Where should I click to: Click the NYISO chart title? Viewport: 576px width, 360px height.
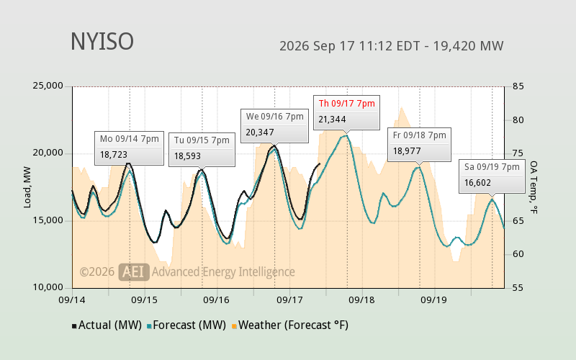[x=102, y=42]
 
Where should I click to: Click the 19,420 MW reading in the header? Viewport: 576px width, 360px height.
[x=469, y=46]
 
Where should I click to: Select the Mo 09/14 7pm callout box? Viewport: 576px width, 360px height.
[x=129, y=148]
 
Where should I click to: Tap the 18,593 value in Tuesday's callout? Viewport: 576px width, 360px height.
[x=187, y=156]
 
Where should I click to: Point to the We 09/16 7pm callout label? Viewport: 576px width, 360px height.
[x=275, y=117]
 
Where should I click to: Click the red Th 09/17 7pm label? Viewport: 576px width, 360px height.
[x=347, y=104]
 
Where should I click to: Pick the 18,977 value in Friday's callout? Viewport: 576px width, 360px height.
[x=407, y=151]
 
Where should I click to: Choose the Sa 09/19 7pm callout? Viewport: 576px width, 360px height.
[x=492, y=176]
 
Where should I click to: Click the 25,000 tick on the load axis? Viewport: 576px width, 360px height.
[x=48, y=86]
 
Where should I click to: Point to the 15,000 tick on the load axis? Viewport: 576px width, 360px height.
[x=48, y=220]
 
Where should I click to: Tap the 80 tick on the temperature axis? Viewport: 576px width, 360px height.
[x=518, y=120]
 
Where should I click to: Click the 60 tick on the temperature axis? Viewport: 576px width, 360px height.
[x=518, y=254]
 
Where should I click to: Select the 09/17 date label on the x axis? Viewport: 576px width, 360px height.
[x=289, y=300]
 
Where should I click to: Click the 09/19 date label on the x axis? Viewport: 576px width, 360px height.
[x=433, y=300]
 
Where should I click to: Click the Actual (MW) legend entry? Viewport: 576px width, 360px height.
[x=107, y=325]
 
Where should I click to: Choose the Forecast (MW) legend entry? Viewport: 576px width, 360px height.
[x=186, y=325]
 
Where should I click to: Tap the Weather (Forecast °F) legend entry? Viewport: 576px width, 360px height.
[x=290, y=325]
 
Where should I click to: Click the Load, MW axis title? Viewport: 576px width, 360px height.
[x=27, y=187]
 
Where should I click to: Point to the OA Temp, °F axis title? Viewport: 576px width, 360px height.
[x=534, y=187]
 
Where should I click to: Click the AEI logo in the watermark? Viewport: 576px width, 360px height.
[x=134, y=272]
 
